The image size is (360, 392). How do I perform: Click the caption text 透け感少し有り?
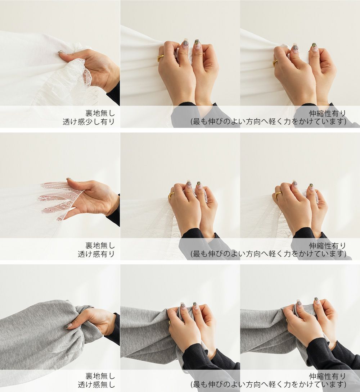pos(89,122)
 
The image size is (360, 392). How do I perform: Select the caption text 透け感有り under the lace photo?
pos(96,254)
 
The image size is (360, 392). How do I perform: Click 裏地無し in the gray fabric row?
pos(100,376)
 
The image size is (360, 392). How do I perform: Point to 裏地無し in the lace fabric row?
pos(100,245)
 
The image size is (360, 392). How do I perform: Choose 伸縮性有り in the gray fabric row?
pos(328,376)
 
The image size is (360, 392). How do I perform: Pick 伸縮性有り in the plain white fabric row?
pos(328,113)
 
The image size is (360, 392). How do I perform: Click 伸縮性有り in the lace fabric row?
pos(328,246)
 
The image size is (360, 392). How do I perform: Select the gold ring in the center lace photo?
pos(171,195)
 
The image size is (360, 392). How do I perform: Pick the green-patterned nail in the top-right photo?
pos(314,46)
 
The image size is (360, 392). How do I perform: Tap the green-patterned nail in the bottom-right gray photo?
pos(316,300)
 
